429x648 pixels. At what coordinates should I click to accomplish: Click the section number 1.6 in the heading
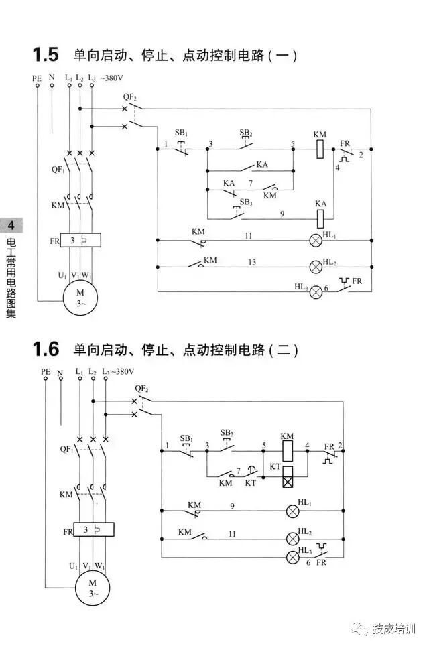click(x=46, y=349)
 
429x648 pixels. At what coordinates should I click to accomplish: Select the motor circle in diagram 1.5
click(x=80, y=296)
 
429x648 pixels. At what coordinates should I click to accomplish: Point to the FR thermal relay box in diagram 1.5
click(x=80, y=239)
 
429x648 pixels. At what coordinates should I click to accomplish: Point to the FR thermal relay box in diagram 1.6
click(x=93, y=531)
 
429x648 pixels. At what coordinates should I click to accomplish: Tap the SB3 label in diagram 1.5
click(x=246, y=202)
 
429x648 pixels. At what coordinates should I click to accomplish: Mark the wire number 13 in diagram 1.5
click(x=252, y=261)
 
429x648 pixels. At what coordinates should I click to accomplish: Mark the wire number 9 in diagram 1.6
click(x=232, y=506)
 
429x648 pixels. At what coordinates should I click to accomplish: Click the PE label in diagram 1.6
click(x=46, y=371)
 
